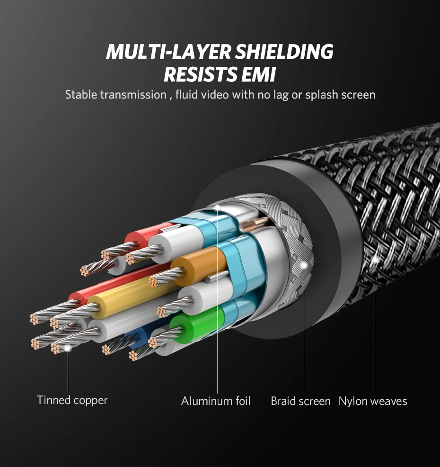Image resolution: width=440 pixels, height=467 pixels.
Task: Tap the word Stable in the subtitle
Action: (81, 95)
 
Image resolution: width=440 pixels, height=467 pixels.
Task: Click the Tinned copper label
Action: (72, 400)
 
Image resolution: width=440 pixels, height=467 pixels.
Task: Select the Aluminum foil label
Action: (216, 401)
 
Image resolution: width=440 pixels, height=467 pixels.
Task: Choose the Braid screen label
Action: (300, 401)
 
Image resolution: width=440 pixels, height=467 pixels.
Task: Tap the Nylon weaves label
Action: (373, 401)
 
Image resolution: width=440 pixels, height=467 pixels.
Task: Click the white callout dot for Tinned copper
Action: (68, 348)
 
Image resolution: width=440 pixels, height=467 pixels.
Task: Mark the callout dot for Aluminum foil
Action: (217, 207)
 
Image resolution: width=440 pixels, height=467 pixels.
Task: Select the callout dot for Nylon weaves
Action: (375, 259)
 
